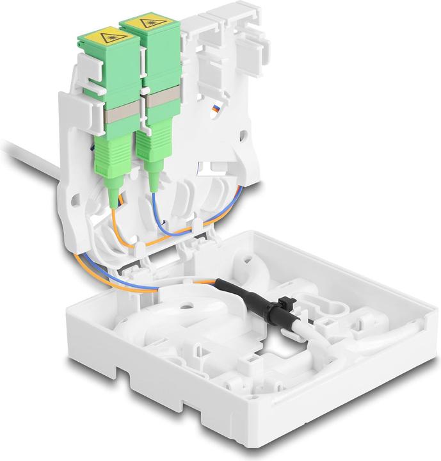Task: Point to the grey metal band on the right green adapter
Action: click(154, 106)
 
